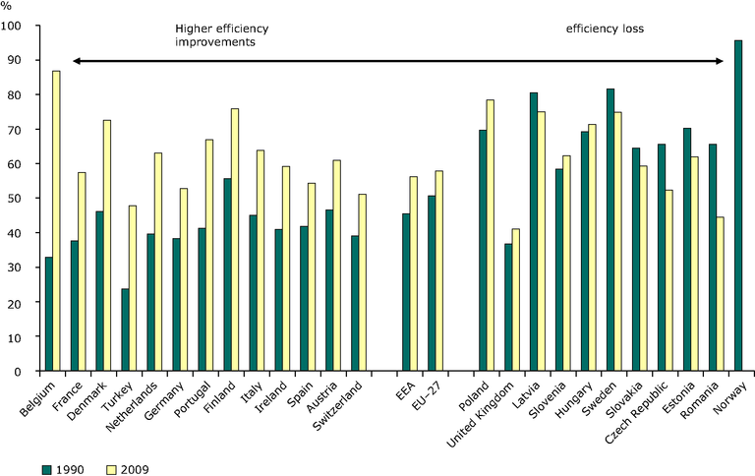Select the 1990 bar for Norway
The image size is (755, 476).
click(738, 206)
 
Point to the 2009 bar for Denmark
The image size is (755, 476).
click(107, 246)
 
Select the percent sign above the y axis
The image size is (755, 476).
click(7, 9)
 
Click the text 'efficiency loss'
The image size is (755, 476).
click(605, 29)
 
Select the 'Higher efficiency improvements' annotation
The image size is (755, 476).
click(215, 35)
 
